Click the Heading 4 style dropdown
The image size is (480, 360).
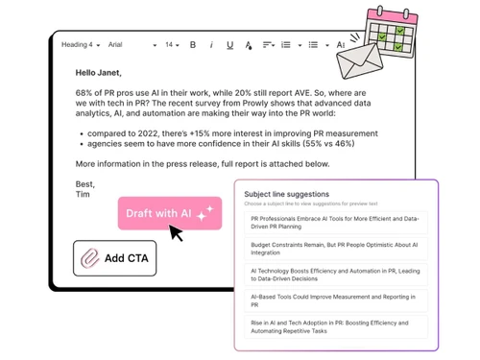click(79, 45)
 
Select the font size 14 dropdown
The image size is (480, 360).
click(173, 45)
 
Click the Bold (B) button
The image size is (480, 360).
click(193, 45)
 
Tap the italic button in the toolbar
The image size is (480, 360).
click(210, 45)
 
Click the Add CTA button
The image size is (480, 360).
click(115, 258)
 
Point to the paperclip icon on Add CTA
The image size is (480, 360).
click(90, 258)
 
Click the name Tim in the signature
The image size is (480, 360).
click(83, 194)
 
